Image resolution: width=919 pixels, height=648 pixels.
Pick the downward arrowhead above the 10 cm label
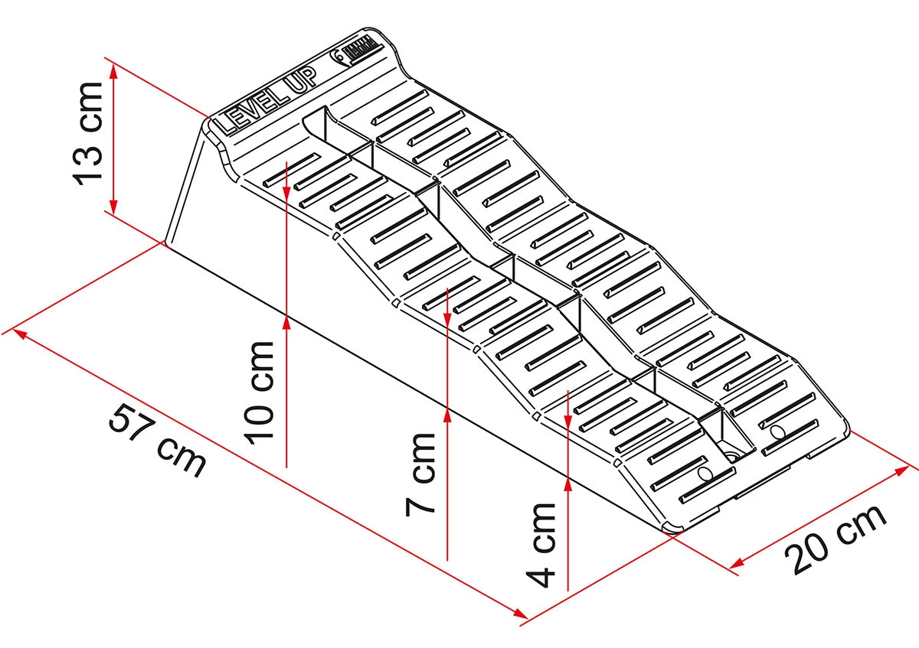coord(286,187)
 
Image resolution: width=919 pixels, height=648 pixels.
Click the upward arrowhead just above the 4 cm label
coord(567,481)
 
